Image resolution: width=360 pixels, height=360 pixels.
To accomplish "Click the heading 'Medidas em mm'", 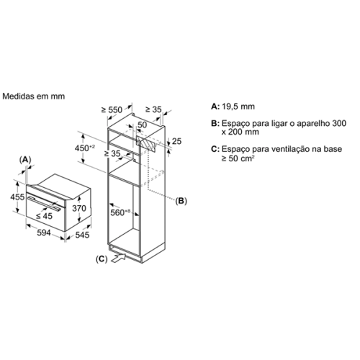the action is pos(34,96).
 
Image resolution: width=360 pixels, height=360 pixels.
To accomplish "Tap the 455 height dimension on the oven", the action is pos(17,197).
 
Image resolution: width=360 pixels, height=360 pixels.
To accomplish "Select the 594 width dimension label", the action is pos(44,233).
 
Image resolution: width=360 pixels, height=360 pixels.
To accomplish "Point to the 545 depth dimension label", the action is pos(82,235).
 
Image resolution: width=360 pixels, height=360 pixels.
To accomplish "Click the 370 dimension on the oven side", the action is pos(79,208).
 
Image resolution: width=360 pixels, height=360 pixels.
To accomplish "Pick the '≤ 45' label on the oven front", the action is pos(44,216).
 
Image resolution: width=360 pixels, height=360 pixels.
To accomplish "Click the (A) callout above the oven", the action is pos(25,159).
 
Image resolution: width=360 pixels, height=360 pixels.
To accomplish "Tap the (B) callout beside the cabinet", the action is pos(181,201).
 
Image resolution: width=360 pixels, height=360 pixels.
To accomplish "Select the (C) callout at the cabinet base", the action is pos(102,259).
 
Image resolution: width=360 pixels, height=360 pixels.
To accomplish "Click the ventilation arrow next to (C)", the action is pos(119,258).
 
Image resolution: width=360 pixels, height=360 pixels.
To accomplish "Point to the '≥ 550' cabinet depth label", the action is pos(112,110).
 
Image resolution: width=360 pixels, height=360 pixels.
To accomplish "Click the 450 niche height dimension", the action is pos(85,148).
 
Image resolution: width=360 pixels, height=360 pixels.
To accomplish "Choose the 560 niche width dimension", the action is pos(120,212).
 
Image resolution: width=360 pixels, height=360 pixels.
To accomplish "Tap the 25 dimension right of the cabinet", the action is pos(176,141).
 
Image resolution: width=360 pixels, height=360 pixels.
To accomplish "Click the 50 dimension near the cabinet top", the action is pos(142,125).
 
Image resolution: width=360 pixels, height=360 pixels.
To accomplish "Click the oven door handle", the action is pos(44,203).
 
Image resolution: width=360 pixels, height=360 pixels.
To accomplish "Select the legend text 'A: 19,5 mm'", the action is pos(233,107).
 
